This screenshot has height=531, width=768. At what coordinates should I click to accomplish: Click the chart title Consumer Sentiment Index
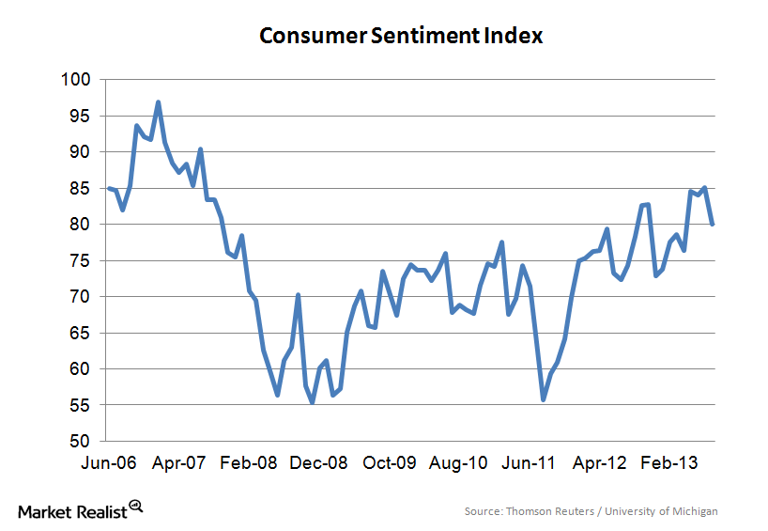[x=401, y=37]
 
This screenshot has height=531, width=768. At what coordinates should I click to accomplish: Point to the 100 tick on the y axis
[x=77, y=80]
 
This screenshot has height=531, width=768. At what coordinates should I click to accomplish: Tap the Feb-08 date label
[x=248, y=463]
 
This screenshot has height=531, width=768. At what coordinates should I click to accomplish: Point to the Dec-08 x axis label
[x=318, y=463]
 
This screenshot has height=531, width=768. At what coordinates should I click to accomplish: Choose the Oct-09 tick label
[x=389, y=463]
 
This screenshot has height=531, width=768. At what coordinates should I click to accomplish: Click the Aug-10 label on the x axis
[x=459, y=463]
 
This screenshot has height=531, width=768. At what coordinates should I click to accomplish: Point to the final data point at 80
[x=712, y=224]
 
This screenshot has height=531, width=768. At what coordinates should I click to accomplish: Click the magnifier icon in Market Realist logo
[x=136, y=505]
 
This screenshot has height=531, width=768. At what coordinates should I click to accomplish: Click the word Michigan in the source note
[x=695, y=511]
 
